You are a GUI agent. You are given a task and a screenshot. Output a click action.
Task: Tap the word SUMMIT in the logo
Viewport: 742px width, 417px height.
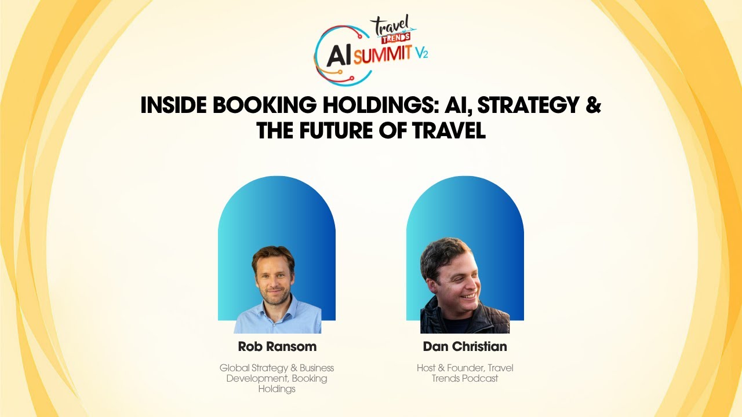click(382, 56)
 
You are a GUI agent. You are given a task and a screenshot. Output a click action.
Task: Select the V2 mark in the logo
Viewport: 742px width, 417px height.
click(421, 53)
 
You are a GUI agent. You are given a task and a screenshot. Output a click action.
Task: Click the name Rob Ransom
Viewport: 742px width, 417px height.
click(277, 346)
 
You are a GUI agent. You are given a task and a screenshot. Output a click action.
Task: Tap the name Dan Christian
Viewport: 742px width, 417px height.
click(465, 346)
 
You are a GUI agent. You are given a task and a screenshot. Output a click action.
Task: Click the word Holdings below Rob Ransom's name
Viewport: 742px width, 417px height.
click(277, 389)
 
